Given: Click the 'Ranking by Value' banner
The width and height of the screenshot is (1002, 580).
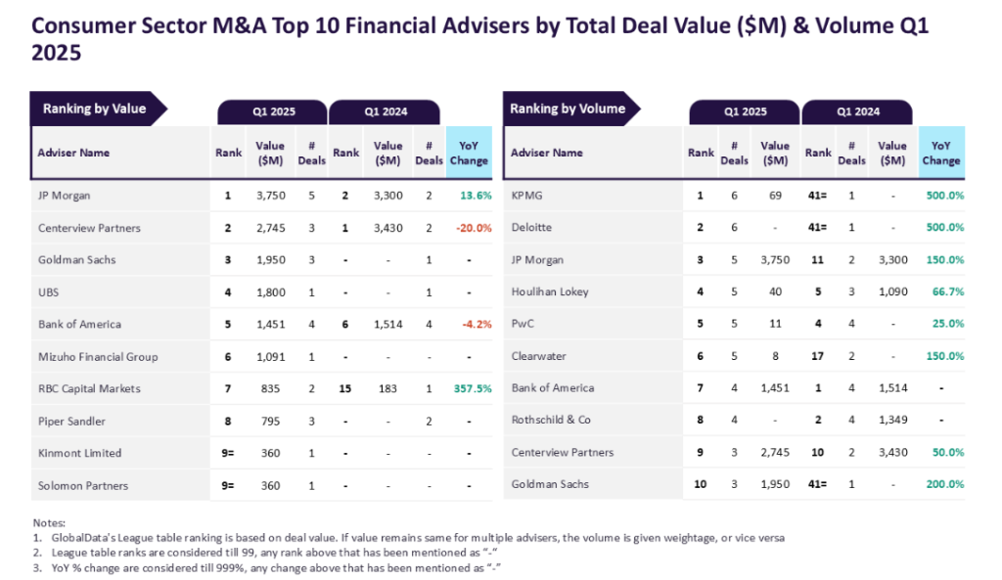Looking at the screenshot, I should click(94, 109).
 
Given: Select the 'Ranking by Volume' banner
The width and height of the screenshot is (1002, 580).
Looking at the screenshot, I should click(567, 109).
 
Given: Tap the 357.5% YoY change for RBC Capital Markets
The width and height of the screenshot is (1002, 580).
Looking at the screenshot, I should click(473, 388).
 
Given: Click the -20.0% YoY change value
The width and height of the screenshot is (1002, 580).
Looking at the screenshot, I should click(473, 228).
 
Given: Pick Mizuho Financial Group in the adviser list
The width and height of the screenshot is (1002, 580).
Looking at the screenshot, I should click(97, 357).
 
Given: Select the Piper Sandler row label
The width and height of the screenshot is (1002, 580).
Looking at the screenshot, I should click(71, 422).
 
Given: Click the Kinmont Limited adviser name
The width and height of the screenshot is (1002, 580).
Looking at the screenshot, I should click(79, 453).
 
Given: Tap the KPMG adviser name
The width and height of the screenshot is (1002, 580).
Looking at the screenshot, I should click(526, 196).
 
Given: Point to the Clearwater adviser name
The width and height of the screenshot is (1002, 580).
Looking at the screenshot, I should click(538, 357).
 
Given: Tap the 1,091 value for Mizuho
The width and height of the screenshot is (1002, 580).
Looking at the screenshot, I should click(270, 357).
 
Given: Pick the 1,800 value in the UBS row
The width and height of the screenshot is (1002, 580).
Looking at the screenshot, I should click(270, 291).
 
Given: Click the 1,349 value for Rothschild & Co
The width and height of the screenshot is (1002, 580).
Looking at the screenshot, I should click(891, 421).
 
